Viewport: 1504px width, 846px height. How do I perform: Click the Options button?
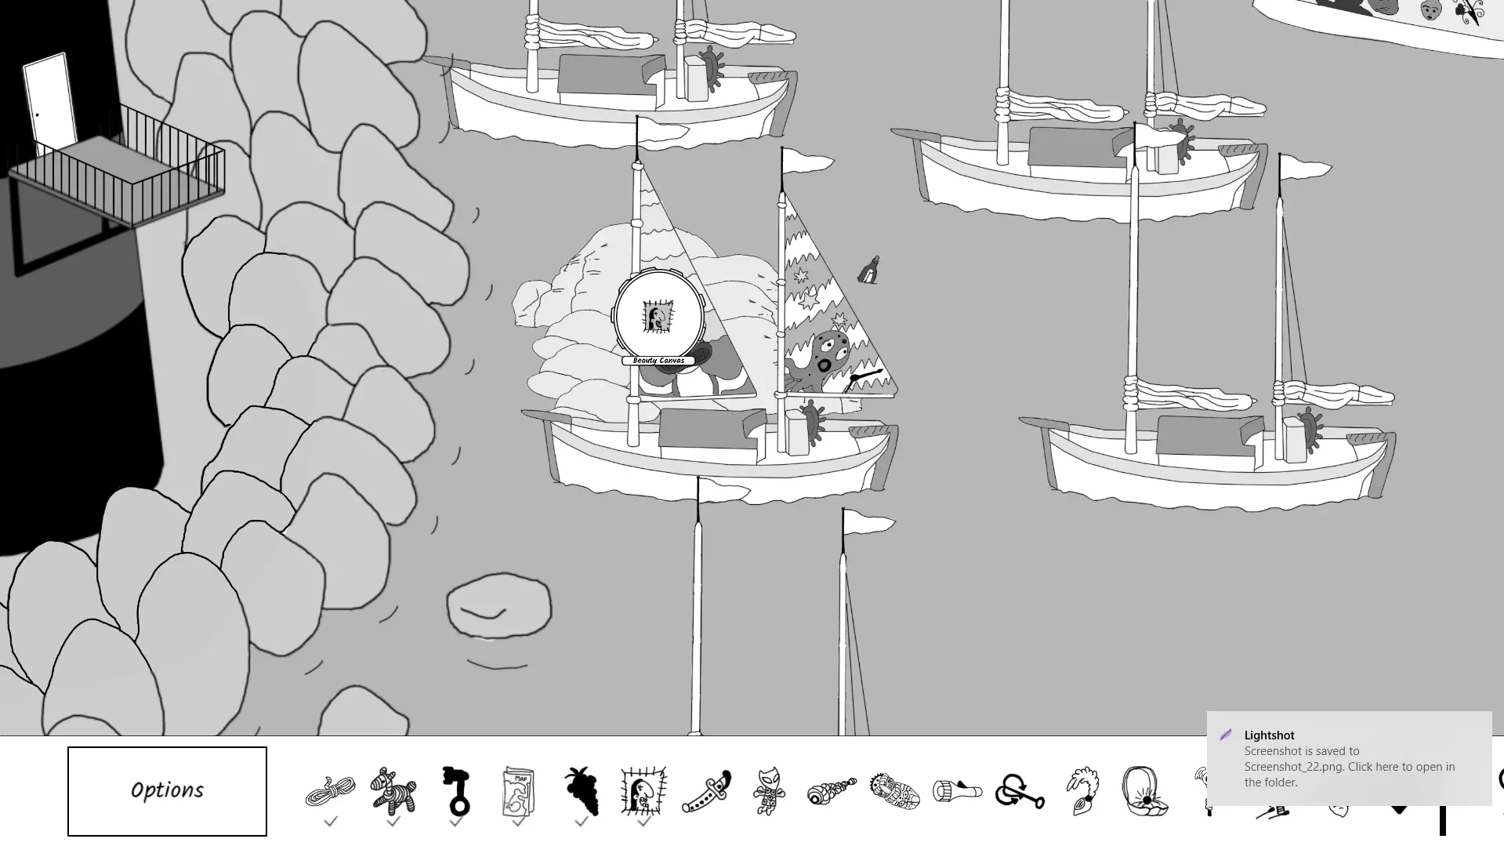(167, 791)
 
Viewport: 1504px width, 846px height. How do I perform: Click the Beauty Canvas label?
(658, 361)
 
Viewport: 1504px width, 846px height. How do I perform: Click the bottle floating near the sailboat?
(868, 270)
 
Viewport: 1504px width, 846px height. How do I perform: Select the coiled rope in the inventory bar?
(330, 791)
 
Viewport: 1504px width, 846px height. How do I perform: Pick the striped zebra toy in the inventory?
(393, 791)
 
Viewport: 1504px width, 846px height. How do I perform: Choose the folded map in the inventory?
(518, 791)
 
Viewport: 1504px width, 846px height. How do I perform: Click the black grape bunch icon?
(582, 791)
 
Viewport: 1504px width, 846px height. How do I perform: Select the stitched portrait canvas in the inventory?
(643, 791)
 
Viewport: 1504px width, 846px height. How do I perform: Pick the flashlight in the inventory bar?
(957, 790)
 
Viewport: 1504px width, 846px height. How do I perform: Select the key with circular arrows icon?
(1020, 791)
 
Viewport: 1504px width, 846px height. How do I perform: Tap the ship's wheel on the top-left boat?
(712, 69)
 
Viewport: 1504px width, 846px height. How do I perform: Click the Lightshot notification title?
(1269, 735)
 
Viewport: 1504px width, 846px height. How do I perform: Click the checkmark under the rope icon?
(331, 822)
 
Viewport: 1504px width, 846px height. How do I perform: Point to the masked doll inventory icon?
(769, 791)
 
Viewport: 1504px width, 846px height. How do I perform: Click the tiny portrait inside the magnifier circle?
(658, 317)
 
